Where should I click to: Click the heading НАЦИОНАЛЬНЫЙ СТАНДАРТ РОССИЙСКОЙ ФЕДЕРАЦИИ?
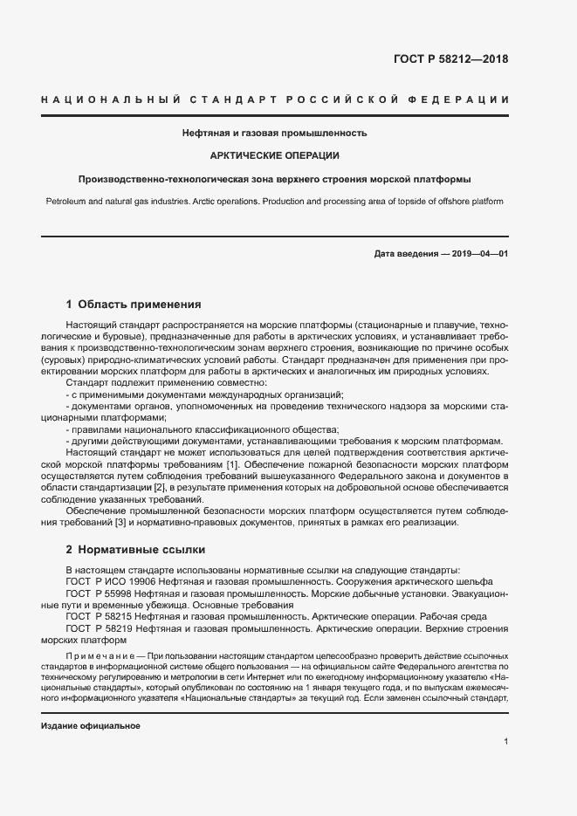pos(275,99)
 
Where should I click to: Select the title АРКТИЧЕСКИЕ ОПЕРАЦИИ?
pos(274,155)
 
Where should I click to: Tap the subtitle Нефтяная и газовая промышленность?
pos(274,134)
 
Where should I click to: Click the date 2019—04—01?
pos(477,253)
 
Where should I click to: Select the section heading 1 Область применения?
pos(134,305)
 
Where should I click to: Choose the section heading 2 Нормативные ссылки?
pos(135,550)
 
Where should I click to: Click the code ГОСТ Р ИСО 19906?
pos(112,581)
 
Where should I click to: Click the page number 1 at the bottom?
pos(505,742)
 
